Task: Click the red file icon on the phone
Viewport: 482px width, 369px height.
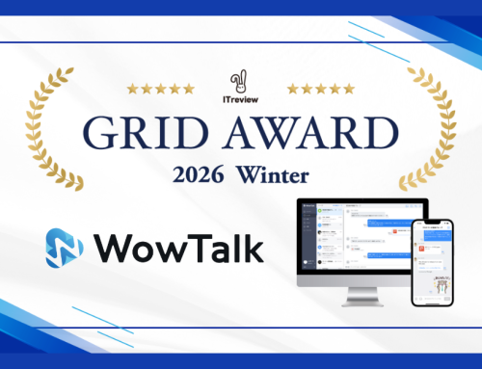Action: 421,249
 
